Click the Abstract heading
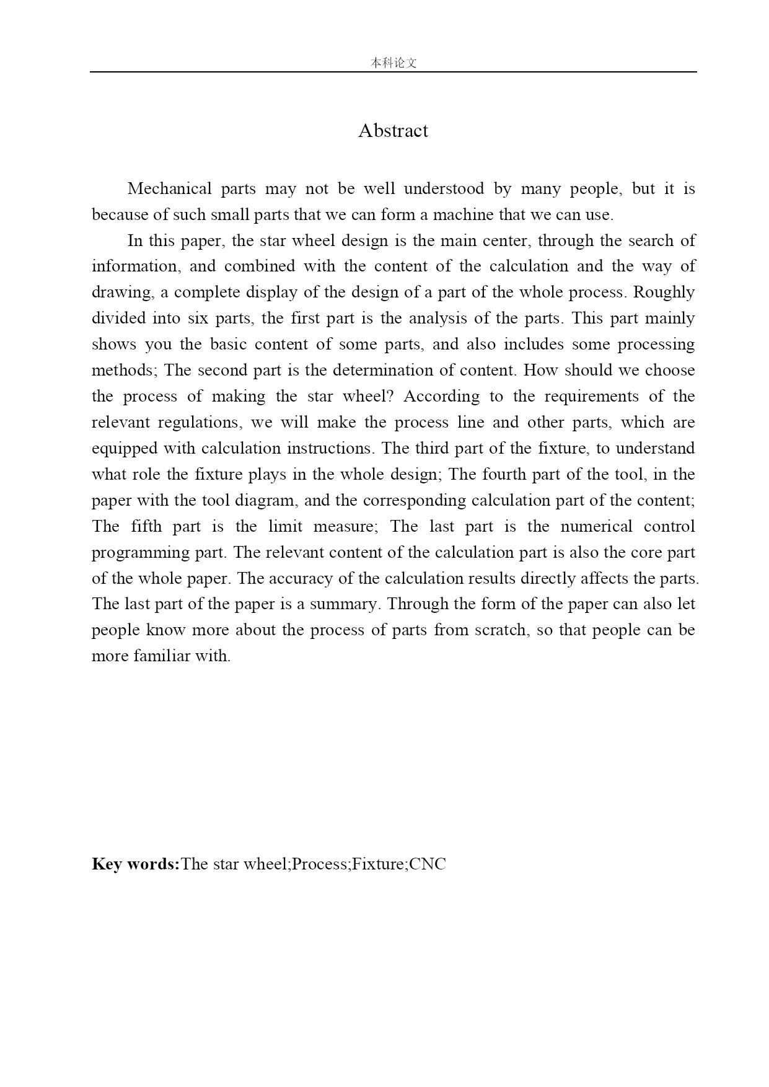[393, 131]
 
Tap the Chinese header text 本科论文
[393, 63]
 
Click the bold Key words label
[135, 864]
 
